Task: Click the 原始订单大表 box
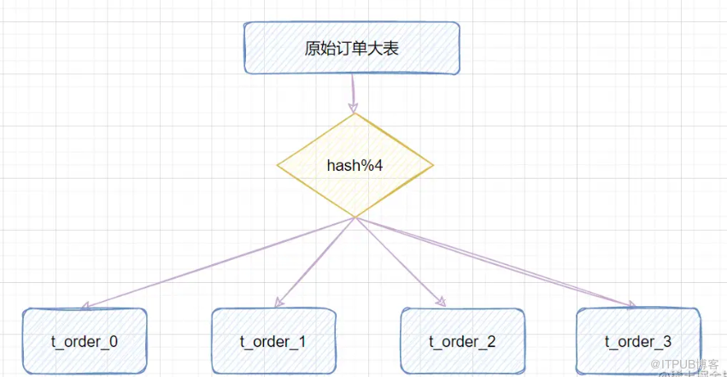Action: tap(351, 48)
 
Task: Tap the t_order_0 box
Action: tap(85, 341)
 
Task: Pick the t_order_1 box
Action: tap(272, 341)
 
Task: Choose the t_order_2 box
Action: tap(462, 341)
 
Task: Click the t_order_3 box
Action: tap(637, 341)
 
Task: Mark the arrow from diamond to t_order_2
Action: tap(400, 262)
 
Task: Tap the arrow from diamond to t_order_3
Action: tap(495, 262)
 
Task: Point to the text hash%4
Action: tap(355, 165)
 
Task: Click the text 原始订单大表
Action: tap(351, 48)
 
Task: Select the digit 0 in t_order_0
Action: tap(113, 342)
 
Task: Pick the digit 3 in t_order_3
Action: tap(666, 342)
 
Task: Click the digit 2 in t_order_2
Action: tap(491, 342)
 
